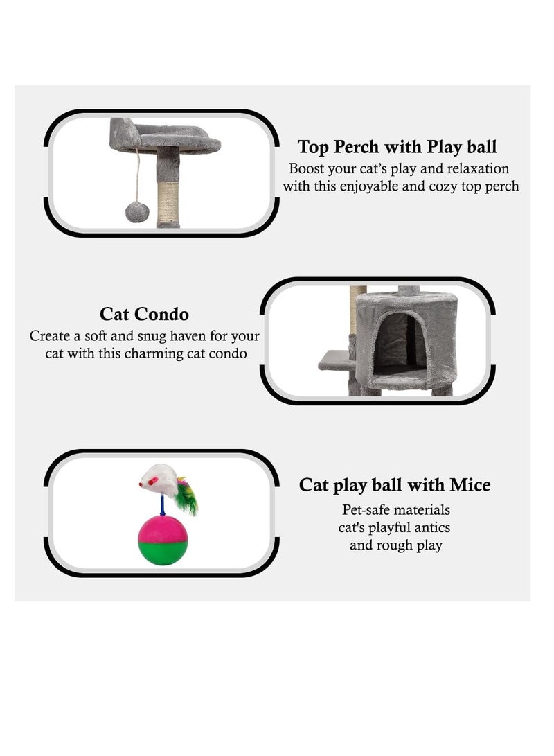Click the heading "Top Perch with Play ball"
tap(397, 147)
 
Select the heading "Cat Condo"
tap(144, 314)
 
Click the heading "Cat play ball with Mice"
tap(394, 485)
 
